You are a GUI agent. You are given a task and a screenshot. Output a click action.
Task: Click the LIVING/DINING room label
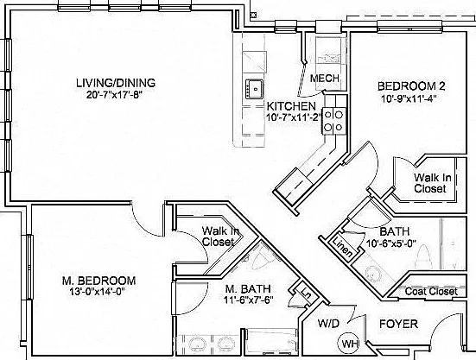116,83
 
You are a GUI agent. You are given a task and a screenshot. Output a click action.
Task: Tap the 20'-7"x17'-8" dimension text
114,95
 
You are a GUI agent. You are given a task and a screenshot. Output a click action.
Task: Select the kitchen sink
254,89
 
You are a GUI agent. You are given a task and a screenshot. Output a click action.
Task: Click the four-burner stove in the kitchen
333,121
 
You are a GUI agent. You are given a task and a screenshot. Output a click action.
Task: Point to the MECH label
325,79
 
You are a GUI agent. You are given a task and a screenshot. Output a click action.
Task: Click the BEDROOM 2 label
411,86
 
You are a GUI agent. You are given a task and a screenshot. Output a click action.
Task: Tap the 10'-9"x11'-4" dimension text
409,98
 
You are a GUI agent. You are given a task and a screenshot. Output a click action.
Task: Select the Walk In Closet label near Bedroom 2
432,183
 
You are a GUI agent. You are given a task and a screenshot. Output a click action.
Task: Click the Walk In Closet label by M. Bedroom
220,237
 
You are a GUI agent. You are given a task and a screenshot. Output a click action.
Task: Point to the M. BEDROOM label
99,281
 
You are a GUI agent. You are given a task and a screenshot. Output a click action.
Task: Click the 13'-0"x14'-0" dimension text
98,292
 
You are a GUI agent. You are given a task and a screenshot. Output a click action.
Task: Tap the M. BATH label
248,288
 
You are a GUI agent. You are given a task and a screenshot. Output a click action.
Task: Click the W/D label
328,323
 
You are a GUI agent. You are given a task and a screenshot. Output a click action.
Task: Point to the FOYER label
398,324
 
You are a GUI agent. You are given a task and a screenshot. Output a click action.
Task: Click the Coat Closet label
431,292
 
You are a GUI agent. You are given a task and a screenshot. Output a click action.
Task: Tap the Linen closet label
343,247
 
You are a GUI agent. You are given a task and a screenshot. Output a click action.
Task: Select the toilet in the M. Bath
262,259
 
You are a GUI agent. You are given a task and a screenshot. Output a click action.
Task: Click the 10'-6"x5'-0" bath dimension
391,243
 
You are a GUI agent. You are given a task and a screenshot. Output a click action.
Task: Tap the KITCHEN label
291,106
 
